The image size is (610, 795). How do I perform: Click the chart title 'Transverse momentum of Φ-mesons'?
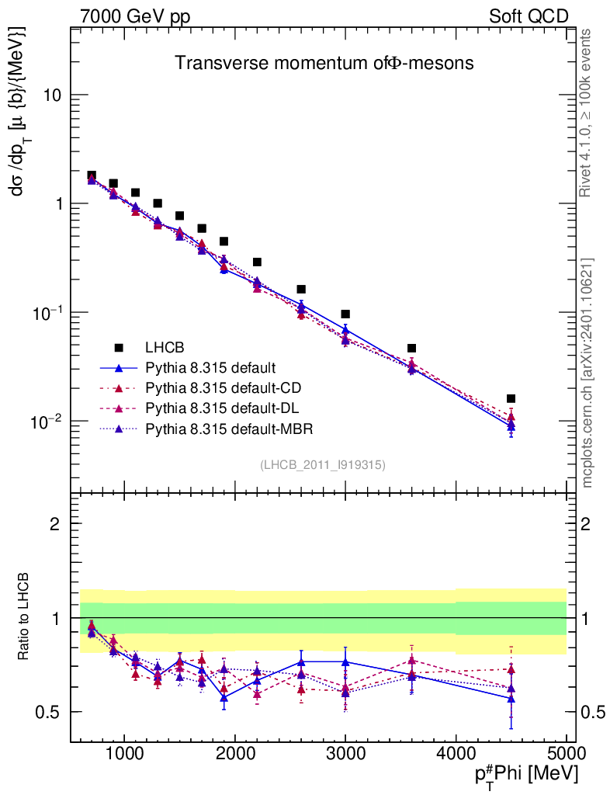(x=324, y=64)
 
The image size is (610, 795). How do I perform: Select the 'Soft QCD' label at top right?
(x=529, y=16)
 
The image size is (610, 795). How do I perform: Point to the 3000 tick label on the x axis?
(x=345, y=753)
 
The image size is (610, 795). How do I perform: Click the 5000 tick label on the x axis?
(x=566, y=753)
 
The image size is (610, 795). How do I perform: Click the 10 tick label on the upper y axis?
(x=56, y=95)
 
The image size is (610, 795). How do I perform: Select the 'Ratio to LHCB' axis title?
(x=25, y=617)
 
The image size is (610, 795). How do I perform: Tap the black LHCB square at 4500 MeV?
(x=511, y=398)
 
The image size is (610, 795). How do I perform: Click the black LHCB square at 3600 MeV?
(x=411, y=348)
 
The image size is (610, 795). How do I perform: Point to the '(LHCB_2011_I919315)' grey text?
(x=322, y=464)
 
